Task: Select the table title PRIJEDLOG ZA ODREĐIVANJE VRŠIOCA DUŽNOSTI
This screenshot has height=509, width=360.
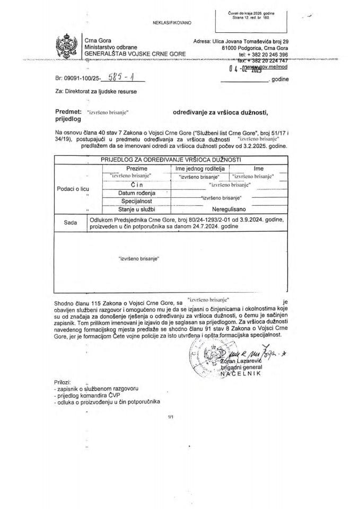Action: click(171, 160)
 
